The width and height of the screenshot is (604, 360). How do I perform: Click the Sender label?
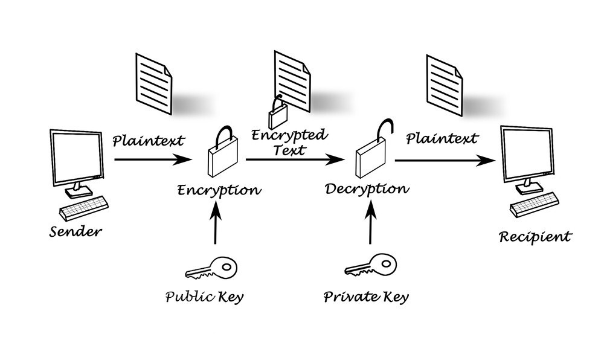click(x=75, y=231)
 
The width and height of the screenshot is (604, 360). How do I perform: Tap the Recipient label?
click(x=534, y=236)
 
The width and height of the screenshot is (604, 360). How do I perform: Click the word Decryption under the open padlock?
click(x=367, y=188)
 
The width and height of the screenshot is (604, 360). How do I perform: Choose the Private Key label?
click(x=366, y=297)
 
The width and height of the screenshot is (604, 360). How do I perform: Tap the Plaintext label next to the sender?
click(x=149, y=141)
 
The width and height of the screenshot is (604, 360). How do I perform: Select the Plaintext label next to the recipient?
click(x=442, y=139)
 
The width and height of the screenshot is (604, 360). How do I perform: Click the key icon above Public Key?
click(x=211, y=266)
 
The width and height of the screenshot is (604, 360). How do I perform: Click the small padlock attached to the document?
click(x=277, y=112)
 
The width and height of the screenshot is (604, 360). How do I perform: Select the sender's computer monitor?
click(x=75, y=158)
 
